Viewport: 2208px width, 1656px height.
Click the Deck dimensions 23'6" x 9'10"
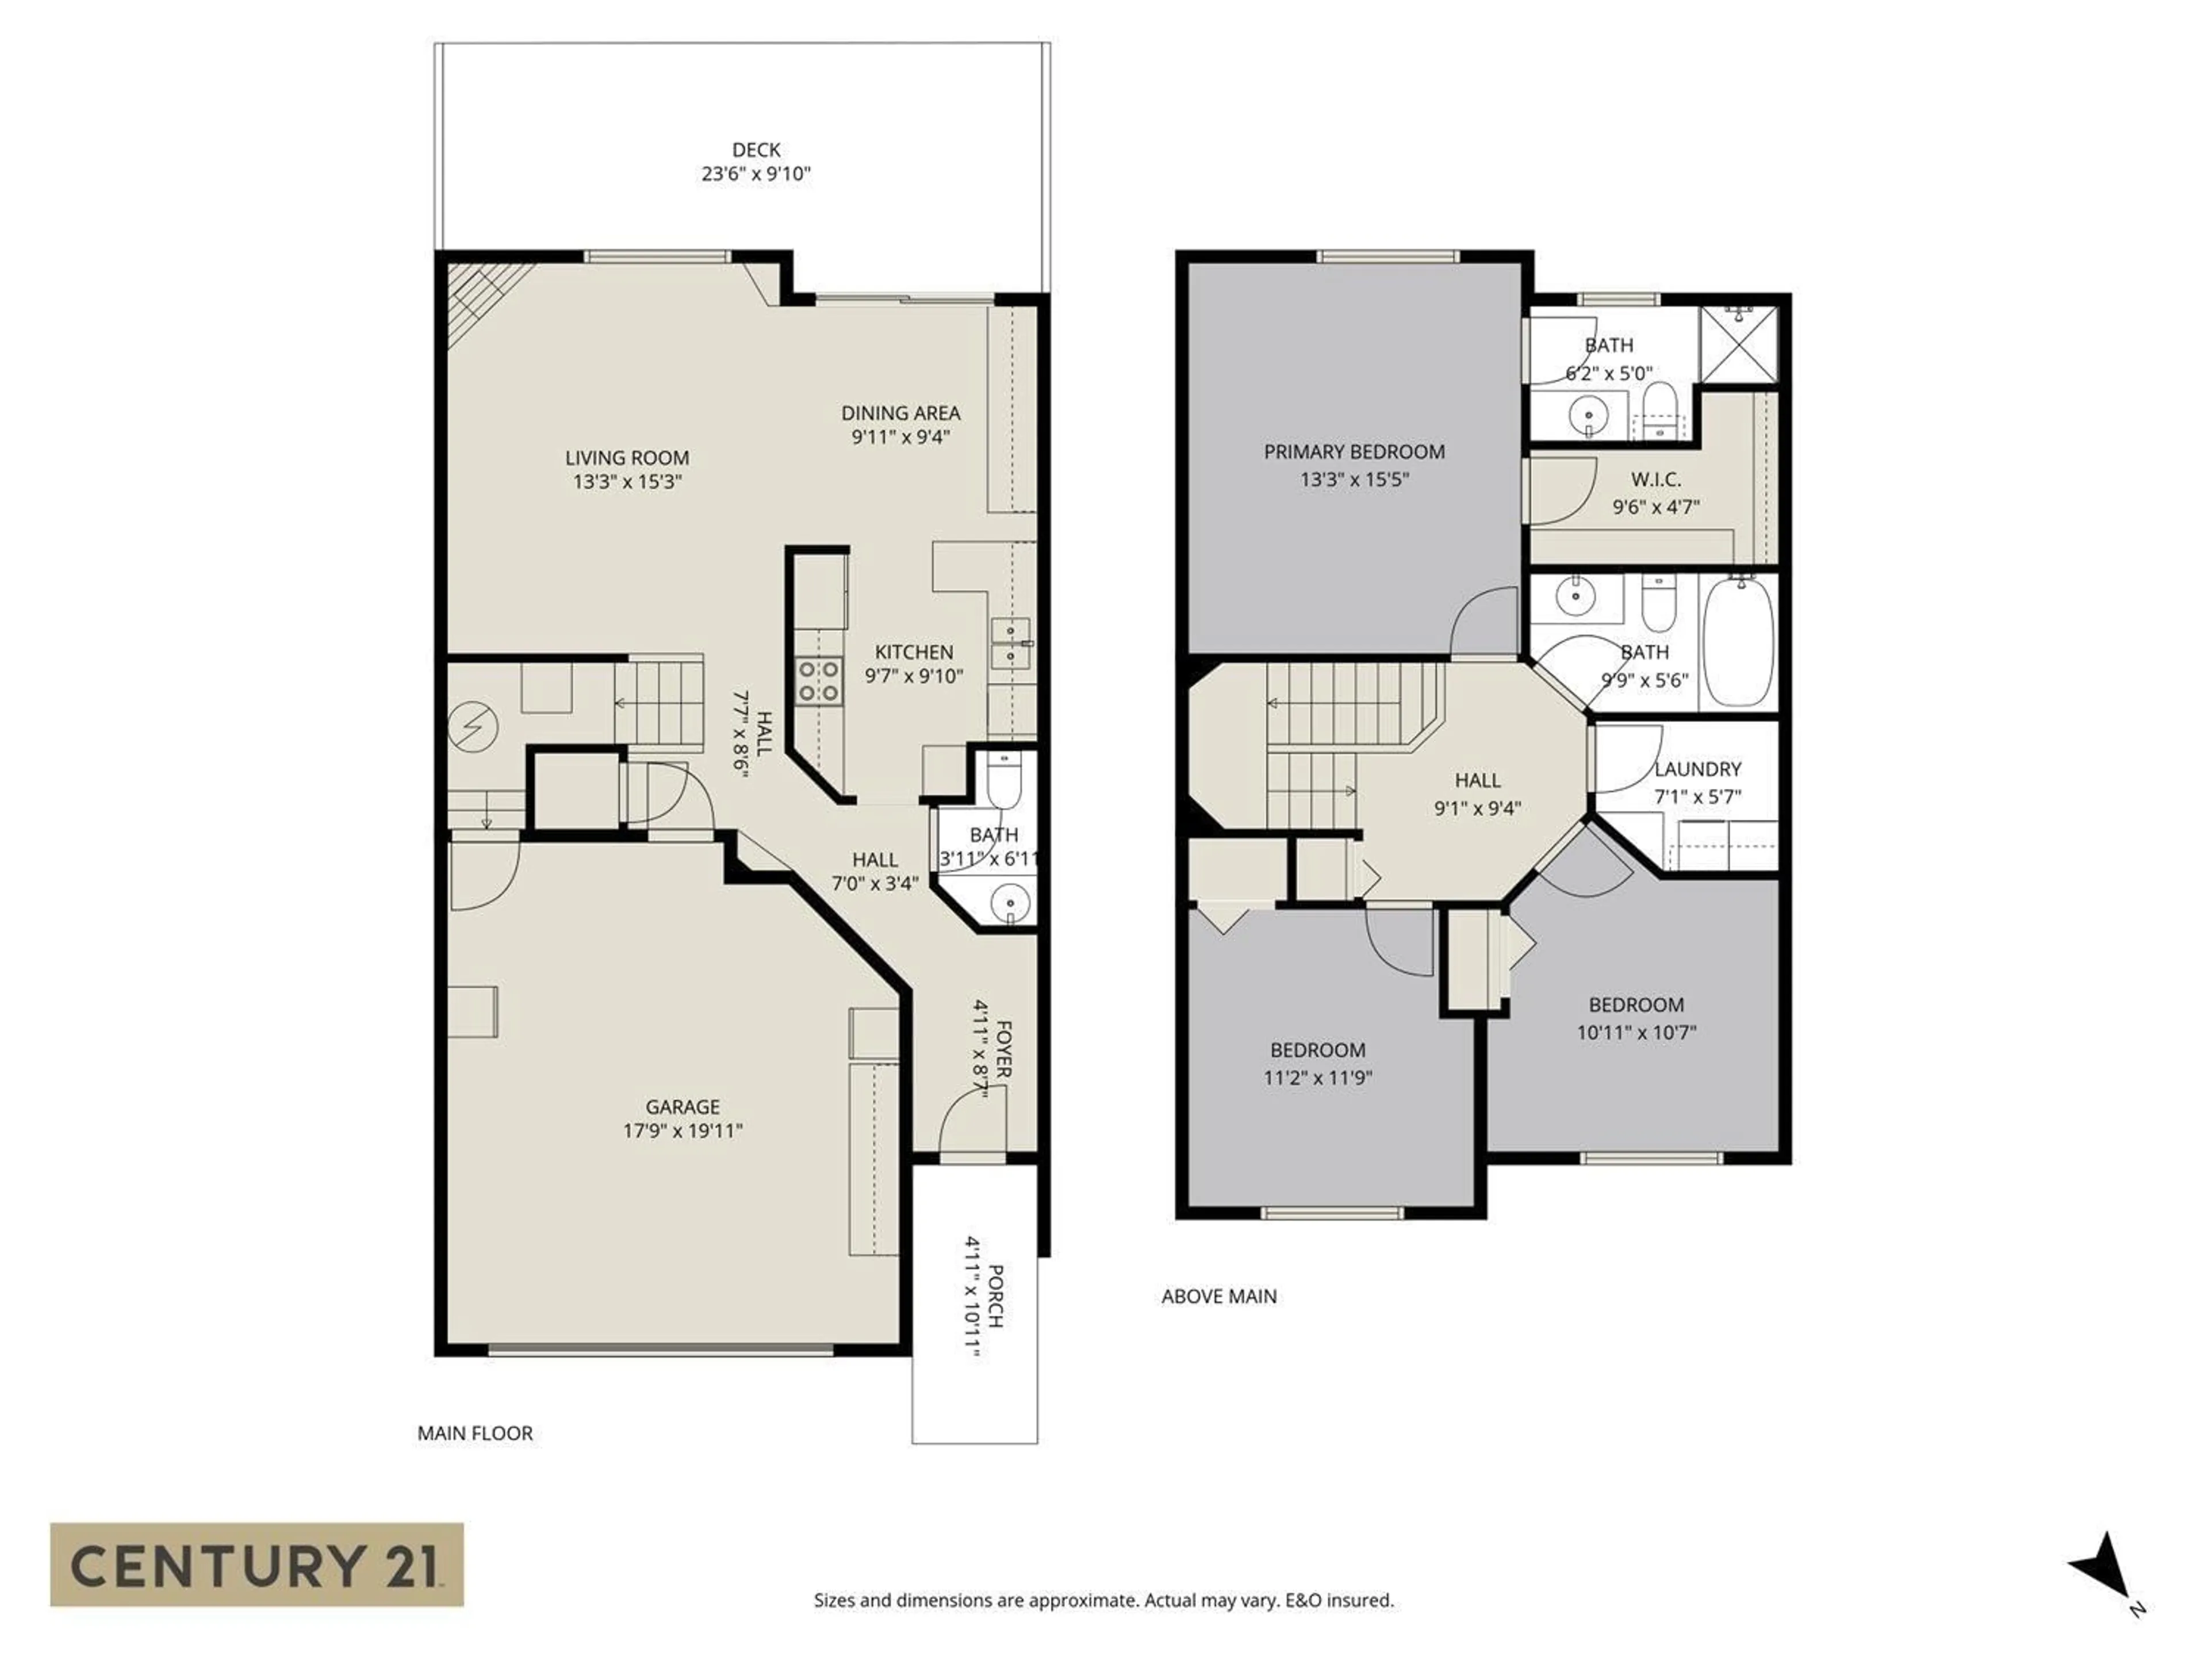(756, 174)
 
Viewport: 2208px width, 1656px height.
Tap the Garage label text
(683, 1106)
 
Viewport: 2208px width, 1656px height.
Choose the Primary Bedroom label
(1354, 451)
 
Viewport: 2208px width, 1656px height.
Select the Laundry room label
(1697, 769)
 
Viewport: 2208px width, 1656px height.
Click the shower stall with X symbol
(1739, 344)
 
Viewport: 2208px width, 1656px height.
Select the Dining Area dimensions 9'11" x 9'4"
(900, 437)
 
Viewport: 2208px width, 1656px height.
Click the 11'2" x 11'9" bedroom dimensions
(1318, 1078)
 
